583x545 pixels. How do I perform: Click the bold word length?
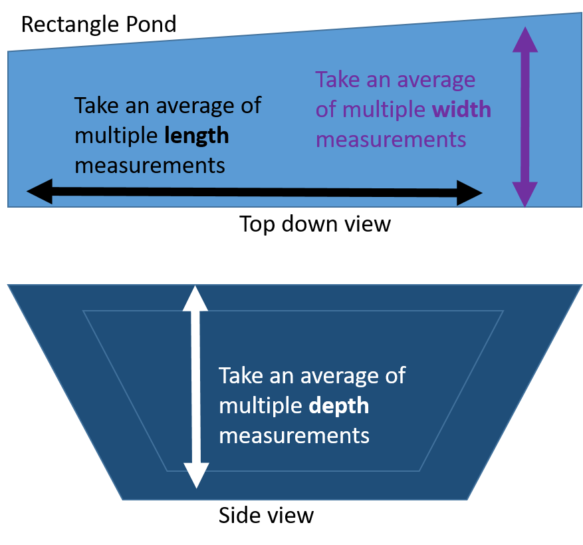pyautogui.click(x=197, y=136)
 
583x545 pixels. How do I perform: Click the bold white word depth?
pyautogui.click(x=339, y=406)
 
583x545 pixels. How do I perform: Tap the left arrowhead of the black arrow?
pyautogui.click(x=39, y=192)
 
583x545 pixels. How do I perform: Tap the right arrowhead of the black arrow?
pyautogui.click(x=470, y=194)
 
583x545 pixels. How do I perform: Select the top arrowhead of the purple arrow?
pyautogui.click(x=526, y=40)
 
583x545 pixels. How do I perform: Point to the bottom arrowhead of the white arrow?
pyautogui.click(x=196, y=476)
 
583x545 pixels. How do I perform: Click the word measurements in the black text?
pyautogui.click(x=150, y=165)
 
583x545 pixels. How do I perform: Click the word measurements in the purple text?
pyautogui.click(x=390, y=140)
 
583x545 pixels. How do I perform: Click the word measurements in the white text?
pyautogui.click(x=294, y=436)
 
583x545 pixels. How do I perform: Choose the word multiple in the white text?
pyautogui.click(x=261, y=406)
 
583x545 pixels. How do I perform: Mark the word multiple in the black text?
pyautogui.click(x=116, y=136)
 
